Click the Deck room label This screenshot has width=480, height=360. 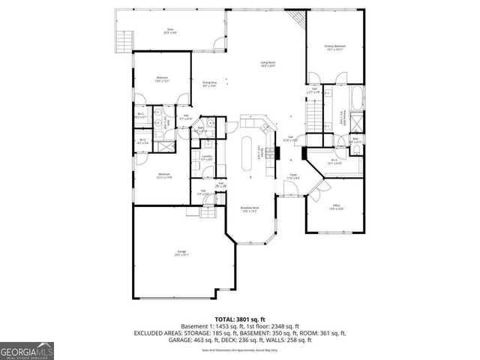pos(169,31)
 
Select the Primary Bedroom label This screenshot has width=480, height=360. pos(334,47)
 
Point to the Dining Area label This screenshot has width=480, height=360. pos(209,84)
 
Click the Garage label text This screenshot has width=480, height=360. pos(181,253)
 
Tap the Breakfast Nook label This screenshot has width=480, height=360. pos(250,209)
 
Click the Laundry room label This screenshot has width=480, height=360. pos(205,157)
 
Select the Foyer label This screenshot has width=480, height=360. pos(294,176)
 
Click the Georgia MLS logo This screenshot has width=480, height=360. pos(25,350)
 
